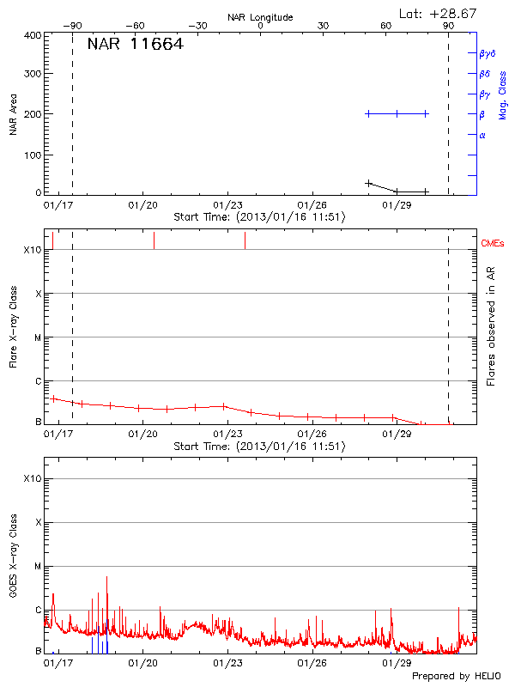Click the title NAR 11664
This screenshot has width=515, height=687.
[135, 45]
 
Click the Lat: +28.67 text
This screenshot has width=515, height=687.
[439, 13]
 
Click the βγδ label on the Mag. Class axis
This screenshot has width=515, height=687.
[487, 53]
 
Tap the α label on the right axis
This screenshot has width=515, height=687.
[482, 135]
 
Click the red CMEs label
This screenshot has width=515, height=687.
[493, 245]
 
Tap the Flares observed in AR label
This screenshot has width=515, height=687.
[491, 335]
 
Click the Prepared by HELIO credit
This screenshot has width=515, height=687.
[456, 677]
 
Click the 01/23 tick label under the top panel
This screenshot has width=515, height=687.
[227, 205]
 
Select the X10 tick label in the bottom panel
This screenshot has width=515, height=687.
[33, 478]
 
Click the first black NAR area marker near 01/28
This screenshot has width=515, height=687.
[368, 183]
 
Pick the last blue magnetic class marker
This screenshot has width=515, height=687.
[426, 113]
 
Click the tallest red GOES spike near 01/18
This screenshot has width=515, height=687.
[106, 578]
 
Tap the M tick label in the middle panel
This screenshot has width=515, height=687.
[38, 337]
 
